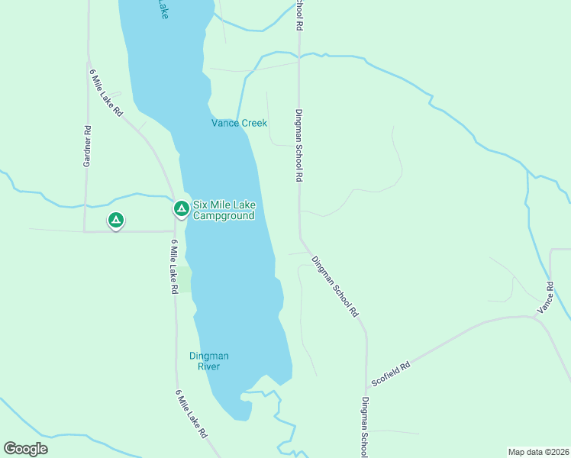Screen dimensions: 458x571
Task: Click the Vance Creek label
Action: pyautogui.click(x=239, y=123)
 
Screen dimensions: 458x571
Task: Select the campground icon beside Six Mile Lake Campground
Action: pyautogui.click(x=181, y=208)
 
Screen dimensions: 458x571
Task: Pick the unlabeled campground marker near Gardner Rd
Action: pyautogui.click(x=115, y=221)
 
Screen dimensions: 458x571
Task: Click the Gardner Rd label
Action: pyautogui.click(x=88, y=146)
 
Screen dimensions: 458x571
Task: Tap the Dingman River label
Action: pyautogui.click(x=208, y=361)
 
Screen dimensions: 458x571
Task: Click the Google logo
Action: pyautogui.click(x=26, y=448)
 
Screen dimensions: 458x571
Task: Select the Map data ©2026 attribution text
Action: pyautogui.click(x=537, y=451)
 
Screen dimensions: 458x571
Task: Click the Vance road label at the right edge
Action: pyautogui.click(x=545, y=297)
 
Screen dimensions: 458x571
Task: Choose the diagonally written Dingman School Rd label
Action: pyautogui.click(x=334, y=285)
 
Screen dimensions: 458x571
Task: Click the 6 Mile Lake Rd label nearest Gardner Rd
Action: pyautogui.click(x=106, y=92)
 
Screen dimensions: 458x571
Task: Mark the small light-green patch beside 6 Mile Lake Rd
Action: pyautogui.click(x=184, y=279)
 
